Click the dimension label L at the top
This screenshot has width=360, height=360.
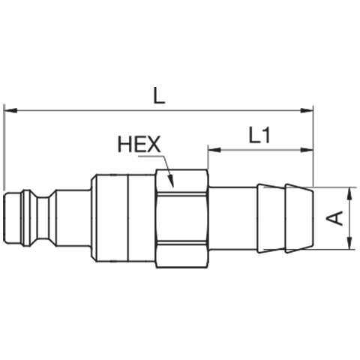159,96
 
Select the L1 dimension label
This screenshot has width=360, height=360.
259,135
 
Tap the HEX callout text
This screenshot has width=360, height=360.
139,144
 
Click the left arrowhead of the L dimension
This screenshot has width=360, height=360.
10,110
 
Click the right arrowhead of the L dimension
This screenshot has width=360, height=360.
307,110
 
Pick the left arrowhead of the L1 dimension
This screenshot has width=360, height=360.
214,150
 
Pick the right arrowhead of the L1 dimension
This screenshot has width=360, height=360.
307,150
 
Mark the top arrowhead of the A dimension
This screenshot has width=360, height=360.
349,193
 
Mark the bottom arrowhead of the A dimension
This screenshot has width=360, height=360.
349,243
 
